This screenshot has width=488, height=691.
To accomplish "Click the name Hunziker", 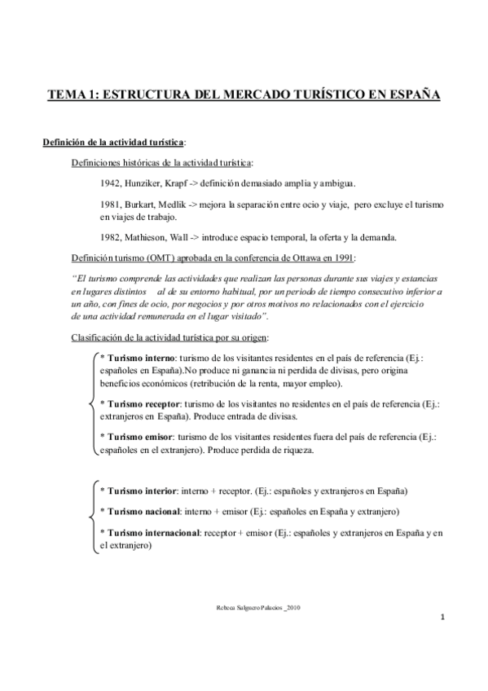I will point(148,183).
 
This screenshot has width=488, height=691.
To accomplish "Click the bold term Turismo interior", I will point(138,491).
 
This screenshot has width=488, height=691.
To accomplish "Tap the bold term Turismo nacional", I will point(139,511).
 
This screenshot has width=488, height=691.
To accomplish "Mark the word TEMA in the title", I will point(73,95).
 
